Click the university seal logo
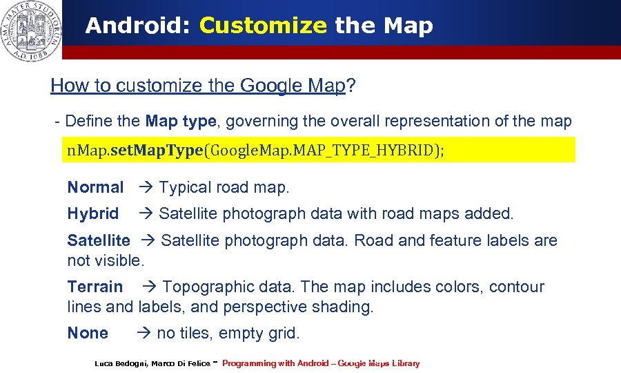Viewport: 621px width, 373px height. (x=31, y=30)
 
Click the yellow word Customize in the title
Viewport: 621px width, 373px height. (x=263, y=26)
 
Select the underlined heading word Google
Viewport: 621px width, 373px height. (x=271, y=86)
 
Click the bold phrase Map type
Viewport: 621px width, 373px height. (x=181, y=122)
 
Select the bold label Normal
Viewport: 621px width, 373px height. (x=95, y=187)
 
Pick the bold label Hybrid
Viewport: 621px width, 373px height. (x=92, y=214)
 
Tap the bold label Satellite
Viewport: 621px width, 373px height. (x=98, y=240)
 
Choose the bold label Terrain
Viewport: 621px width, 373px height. (x=95, y=287)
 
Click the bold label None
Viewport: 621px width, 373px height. (x=88, y=333)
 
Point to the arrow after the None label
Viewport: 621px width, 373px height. (x=143, y=333)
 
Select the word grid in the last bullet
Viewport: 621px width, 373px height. (x=283, y=333)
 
